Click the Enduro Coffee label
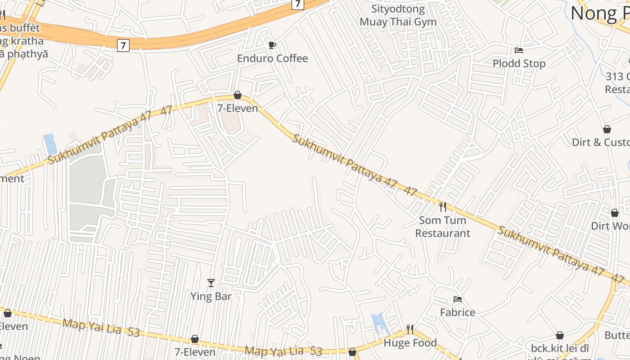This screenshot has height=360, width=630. click(272, 58)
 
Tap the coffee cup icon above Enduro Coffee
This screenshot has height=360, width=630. click(272, 45)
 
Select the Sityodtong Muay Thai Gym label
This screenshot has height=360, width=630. click(398, 15)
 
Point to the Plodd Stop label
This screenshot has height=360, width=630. click(519, 63)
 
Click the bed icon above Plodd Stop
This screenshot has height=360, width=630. click(519, 50)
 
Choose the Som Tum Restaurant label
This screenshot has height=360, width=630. click(442, 227)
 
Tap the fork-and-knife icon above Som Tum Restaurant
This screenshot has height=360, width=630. click(443, 207)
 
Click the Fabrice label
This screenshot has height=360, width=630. click(457, 312)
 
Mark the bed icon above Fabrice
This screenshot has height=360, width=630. click(458, 299)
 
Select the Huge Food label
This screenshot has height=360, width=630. click(410, 343)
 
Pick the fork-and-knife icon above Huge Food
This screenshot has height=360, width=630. click(409, 329)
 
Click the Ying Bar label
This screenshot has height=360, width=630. click(211, 296)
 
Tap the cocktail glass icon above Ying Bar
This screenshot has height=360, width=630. click(211, 283)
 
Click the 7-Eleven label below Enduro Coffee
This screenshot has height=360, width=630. click(238, 108)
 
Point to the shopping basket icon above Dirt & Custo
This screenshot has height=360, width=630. click(607, 129)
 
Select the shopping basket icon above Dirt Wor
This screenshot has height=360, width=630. click(614, 213)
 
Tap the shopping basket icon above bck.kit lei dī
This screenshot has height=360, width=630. click(559, 335)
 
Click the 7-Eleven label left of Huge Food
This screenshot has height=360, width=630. click(195, 351)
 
